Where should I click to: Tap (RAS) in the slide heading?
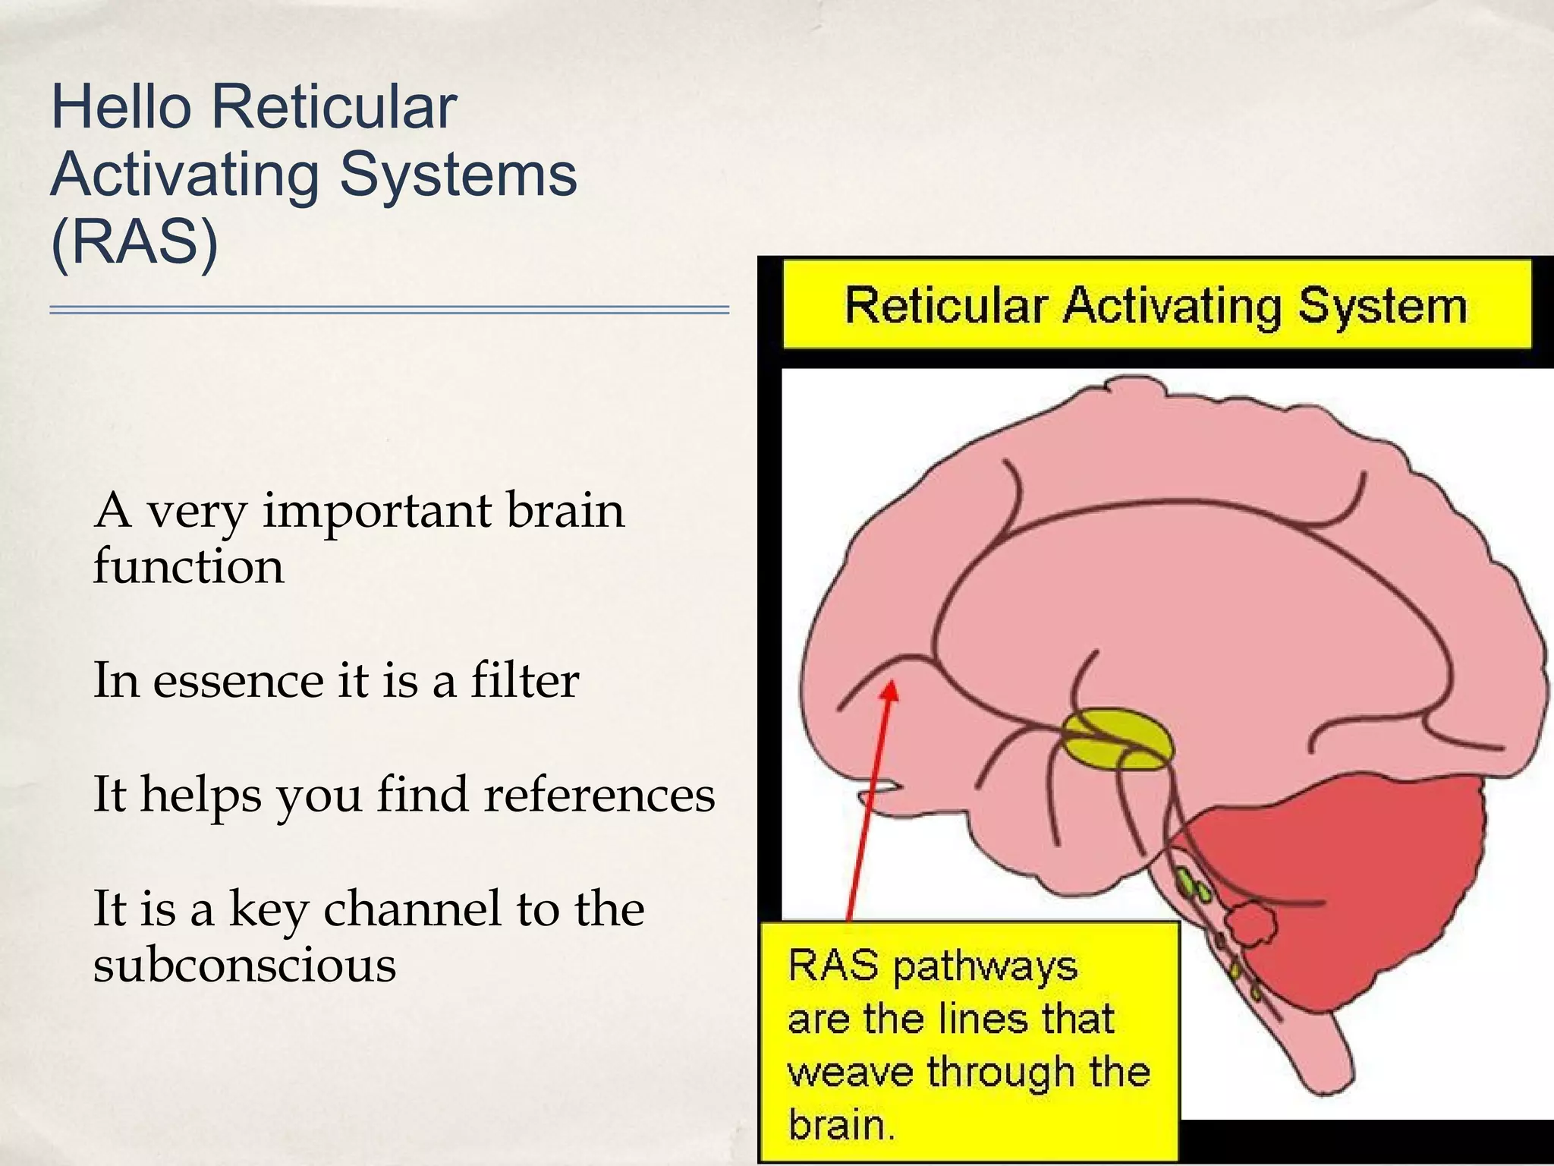[x=134, y=241]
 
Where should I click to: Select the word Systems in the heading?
[x=458, y=174]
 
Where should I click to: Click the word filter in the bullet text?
[x=524, y=679]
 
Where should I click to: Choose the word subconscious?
[x=244, y=965]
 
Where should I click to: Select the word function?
[x=188, y=566]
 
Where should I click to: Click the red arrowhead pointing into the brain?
[x=892, y=692]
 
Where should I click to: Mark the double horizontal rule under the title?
[x=389, y=310]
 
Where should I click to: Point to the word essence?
[x=238, y=680]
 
